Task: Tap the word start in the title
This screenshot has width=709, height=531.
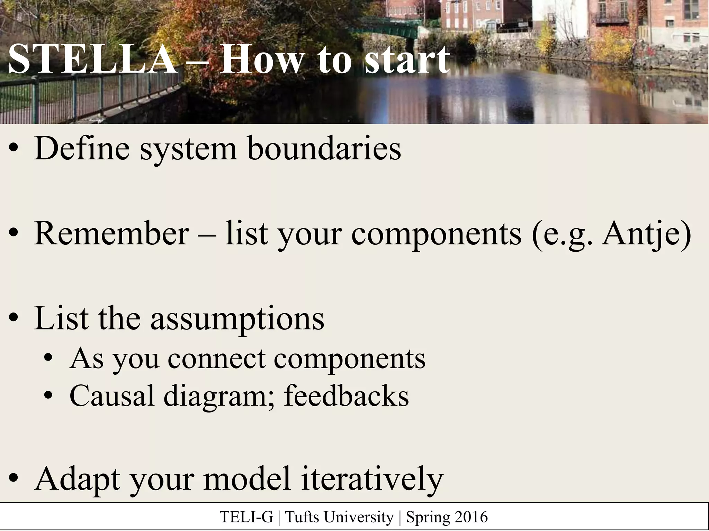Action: click(x=407, y=59)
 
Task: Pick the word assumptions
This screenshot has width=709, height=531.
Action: click(x=237, y=318)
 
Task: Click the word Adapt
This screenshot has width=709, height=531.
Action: click(x=78, y=480)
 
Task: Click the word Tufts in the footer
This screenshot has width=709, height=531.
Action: click(x=299, y=517)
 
